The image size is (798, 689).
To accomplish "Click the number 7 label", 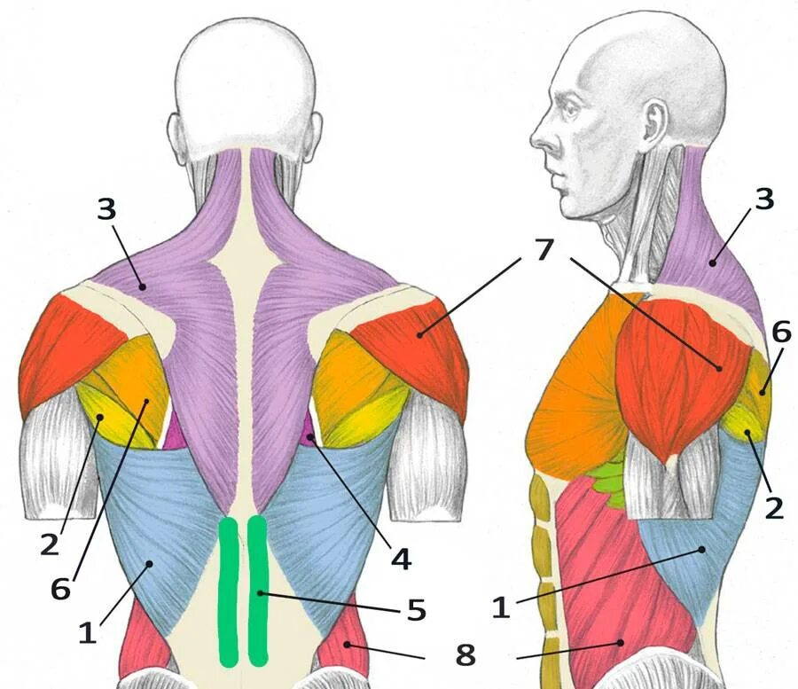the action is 544,250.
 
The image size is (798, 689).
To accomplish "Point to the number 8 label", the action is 465,655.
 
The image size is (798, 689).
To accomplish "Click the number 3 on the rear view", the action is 106,210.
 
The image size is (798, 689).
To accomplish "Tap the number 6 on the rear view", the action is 60,588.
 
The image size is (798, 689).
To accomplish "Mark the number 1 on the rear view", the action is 87,632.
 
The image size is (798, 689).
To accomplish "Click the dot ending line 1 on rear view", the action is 151,562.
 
